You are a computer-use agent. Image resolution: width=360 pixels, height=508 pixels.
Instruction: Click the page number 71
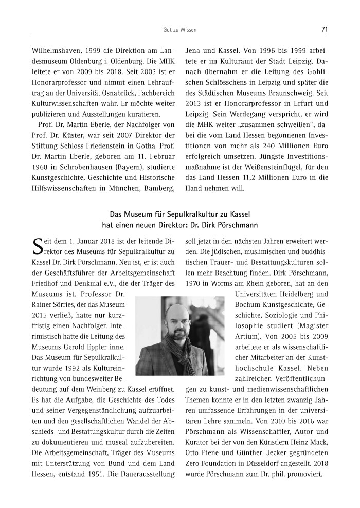coord(325,30)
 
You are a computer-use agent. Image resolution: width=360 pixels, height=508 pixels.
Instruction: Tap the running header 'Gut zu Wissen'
coord(179,30)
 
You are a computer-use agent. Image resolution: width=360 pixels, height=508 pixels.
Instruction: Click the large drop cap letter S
coord(37,246)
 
